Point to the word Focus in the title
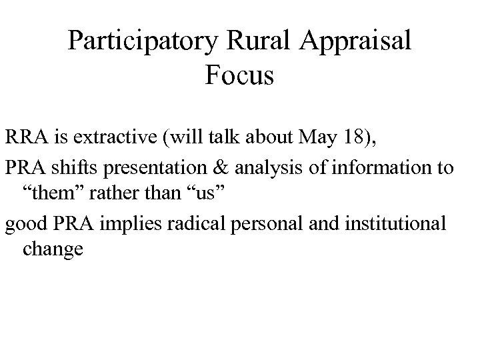tap(240, 76)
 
